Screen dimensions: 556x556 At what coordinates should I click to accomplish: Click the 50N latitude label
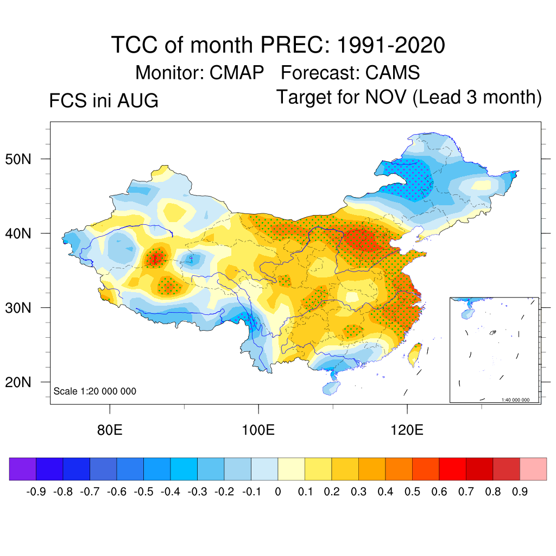18,159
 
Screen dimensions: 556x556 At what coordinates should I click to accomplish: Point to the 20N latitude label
18,382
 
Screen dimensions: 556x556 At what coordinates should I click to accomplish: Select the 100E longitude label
258,430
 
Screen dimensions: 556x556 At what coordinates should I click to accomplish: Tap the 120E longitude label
407,430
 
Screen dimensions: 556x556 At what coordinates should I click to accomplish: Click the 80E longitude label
110,430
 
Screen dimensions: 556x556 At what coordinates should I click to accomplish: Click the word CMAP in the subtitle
237,73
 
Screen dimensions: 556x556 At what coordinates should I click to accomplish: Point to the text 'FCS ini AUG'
104,100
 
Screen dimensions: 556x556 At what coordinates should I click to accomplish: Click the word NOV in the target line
386,97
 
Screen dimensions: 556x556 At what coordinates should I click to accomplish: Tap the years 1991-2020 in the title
391,45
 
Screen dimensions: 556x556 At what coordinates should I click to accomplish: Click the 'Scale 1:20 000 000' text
94,391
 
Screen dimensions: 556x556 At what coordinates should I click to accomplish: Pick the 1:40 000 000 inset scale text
515,400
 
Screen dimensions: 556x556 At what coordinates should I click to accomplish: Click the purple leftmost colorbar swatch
23,469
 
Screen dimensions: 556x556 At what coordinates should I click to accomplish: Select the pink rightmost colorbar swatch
533,469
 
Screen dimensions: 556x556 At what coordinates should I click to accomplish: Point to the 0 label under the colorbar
278,491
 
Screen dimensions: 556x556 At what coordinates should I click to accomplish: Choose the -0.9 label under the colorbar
36,491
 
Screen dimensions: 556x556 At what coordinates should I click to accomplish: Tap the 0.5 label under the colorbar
413,491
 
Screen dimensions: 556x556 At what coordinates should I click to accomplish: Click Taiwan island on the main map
414,355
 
